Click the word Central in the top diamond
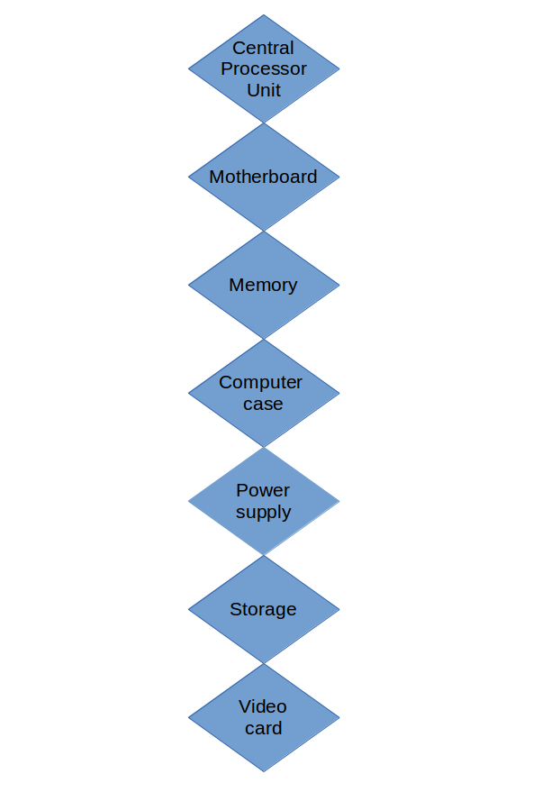coord(263,48)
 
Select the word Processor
coord(263,68)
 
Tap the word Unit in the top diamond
coord(263,90)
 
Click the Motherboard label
coord(263,177)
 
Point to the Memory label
coord(263,285)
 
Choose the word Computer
coord(260,382)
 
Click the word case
coord(263,404)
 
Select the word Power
coord(263,490)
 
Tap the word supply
coord(263,512)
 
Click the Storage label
coord(263,609)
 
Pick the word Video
coord(263,706)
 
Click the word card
coord(263,728)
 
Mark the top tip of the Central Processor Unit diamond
coord(264,15)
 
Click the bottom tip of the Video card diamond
coord(264,771)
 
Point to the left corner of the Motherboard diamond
coord(189,177)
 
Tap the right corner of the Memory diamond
coord(339,285)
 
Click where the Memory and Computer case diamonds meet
coord(264,339)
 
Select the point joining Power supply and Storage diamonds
coord(264,555)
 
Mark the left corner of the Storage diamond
coord(189,609)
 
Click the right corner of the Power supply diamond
coord(339,501)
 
